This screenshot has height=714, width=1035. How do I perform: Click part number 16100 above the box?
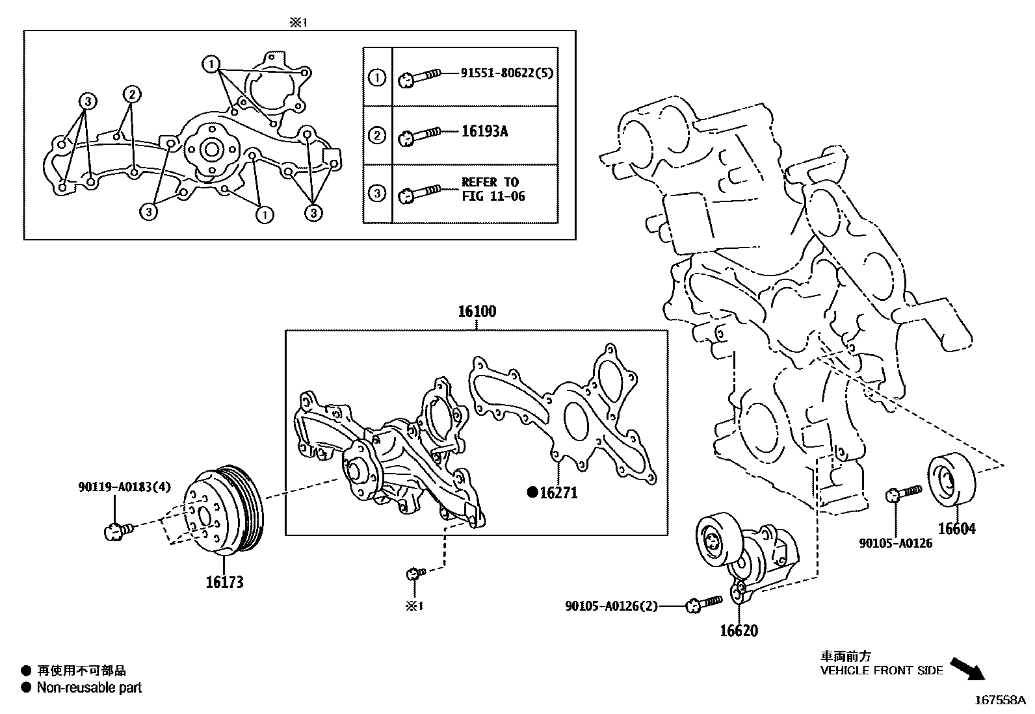pos(477,312)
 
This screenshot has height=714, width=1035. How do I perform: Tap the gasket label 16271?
pos(558,493)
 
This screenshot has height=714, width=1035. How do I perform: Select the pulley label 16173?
pos(224,581)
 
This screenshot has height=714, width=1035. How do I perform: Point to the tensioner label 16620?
pos(739,630)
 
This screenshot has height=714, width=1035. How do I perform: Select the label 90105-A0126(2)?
pos(611,606)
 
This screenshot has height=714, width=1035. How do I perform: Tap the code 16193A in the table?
pos(484,131)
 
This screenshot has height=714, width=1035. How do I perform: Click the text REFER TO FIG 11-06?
pos(493,189)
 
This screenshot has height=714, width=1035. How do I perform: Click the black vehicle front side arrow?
pos(967,668)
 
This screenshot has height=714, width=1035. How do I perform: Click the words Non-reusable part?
pos(89,687)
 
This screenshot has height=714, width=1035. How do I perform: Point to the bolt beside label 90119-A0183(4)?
pos(118,531)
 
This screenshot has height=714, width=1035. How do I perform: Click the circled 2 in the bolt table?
pos(377,136)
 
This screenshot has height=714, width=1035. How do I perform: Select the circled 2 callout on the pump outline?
pos(131,94)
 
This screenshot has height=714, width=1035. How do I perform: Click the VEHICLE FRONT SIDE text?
pos(881,670)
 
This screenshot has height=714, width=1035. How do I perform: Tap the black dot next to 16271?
pos(532,493)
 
